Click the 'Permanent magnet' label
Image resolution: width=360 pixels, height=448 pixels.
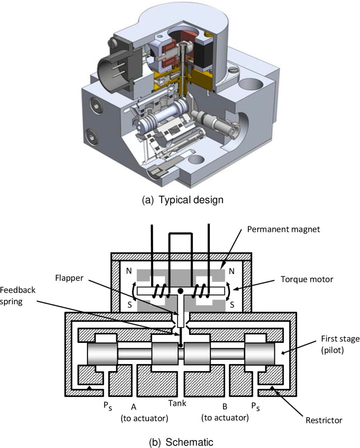[x=284, y=229]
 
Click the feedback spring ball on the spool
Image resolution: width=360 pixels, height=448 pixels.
[x=180, y=345]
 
